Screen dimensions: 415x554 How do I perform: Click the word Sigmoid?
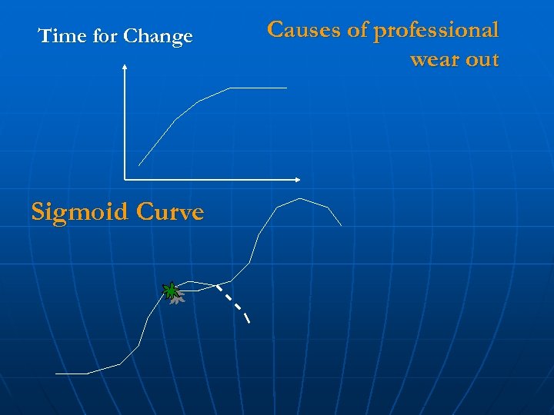[x=77, y=212]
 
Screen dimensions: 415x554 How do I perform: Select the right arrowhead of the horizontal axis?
[x=298, y=180]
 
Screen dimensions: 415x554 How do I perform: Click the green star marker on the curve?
[x=170, y=290]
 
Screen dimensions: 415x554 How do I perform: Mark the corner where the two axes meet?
[x=125, y=180]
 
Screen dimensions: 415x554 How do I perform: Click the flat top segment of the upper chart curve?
[x=259, y=88]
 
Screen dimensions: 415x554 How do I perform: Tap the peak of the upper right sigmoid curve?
[x=299, y=199]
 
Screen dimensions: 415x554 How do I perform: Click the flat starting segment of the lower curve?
[x=72, y=373]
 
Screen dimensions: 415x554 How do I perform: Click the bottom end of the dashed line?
[x=248, y=320]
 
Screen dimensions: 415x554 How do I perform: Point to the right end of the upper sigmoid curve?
[x=341, y=225]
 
